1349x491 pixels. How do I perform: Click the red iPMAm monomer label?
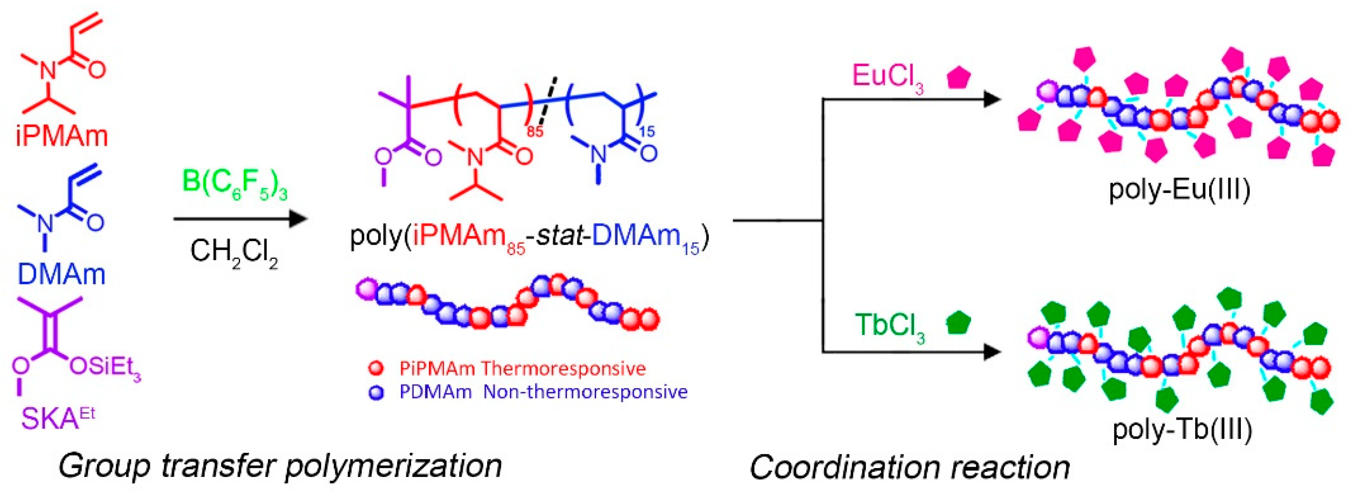click(62, 136)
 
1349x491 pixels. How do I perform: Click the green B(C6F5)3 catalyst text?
click(234, 183)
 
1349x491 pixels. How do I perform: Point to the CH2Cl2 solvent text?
click(234, 253)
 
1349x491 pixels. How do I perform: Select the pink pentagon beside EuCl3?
click(958, 77)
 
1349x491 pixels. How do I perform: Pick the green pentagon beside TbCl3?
click(959, 323)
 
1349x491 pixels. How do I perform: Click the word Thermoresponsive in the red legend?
click(563, 368)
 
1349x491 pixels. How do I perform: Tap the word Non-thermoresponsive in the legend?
click(585, 392)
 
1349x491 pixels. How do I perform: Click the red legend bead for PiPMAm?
click(376, 368)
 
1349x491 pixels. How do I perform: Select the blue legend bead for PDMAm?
click(376, 393)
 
